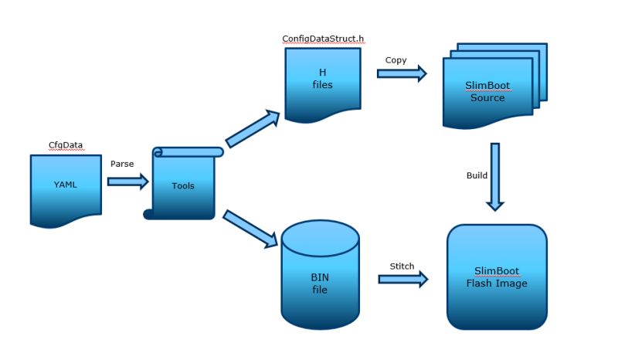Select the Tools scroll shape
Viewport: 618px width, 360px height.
pos(183,184)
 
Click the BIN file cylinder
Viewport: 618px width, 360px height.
pos(320,274)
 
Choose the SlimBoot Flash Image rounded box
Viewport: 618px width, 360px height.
pos(497,277)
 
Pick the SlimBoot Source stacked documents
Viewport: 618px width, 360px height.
pos(495,86)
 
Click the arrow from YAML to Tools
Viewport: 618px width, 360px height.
pos(128,182)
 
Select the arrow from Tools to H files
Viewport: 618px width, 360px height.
pos(253,128)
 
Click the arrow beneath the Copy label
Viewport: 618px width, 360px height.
pos(402,73)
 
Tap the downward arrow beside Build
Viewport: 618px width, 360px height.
pos(495,177)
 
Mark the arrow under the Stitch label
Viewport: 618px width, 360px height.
pos(403,279)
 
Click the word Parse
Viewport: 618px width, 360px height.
pos(122,164)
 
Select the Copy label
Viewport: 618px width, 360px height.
pos(396,60)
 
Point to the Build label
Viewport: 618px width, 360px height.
pos(477,175)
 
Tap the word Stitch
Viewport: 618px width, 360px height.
pos(402,267)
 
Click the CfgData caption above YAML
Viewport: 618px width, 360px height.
pos(66,145)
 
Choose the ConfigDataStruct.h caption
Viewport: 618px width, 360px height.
pos(323,39)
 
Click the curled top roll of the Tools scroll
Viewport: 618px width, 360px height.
pos(188,152)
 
